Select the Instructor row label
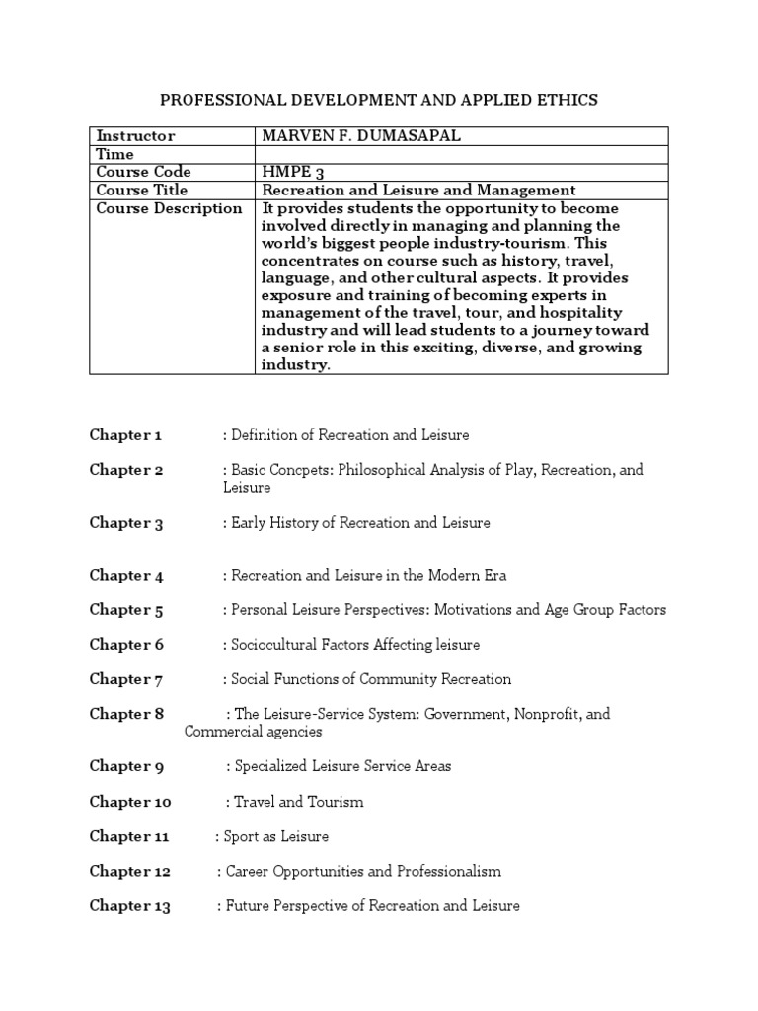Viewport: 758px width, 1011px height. point(133,136)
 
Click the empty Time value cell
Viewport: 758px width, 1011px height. point(461,154)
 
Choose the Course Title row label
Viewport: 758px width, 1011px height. point(141,190)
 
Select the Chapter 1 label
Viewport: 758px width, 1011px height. point(126,435)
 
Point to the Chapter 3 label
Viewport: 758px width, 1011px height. point(126,523)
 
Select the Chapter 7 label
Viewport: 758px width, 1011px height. point(126,679)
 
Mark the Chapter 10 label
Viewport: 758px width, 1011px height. point(130,802)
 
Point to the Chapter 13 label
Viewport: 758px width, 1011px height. point(130,906)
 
